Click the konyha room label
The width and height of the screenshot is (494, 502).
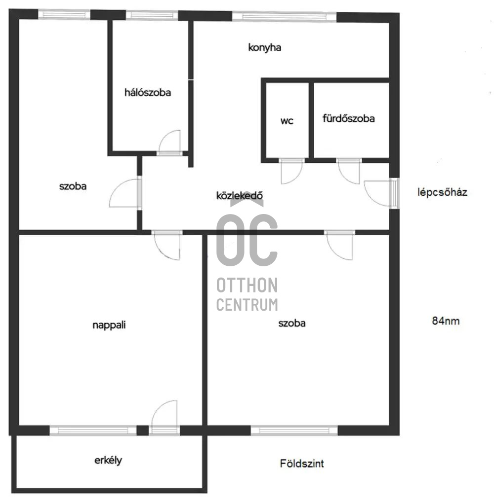coord(265,48)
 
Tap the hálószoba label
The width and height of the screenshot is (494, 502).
coord(148,93)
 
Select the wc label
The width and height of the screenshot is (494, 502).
coord(287,121)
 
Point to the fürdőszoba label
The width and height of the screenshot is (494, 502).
coord(348,118)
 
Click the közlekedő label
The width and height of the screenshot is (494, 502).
coord(239,195)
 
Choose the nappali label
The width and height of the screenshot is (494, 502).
coord(109,325)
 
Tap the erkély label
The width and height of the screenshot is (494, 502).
coord(108,461)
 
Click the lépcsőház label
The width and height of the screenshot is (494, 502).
coord(442,192)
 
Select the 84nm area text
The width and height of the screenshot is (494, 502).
coord(446,321)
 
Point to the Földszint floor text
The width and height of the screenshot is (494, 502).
coord(302,463)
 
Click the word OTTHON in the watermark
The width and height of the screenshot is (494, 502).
coord(247,285)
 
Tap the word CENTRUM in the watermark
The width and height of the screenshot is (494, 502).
coord(247,304)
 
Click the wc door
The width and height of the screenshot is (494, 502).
coord(291,171)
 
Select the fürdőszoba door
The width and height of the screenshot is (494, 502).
coord(349,171)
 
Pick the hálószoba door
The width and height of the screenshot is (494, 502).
coord(170,143)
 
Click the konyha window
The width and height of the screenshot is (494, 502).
coord(284,16)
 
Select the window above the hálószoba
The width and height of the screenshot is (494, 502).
coord(152,15)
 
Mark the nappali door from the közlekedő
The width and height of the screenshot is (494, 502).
coord(167,245)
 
